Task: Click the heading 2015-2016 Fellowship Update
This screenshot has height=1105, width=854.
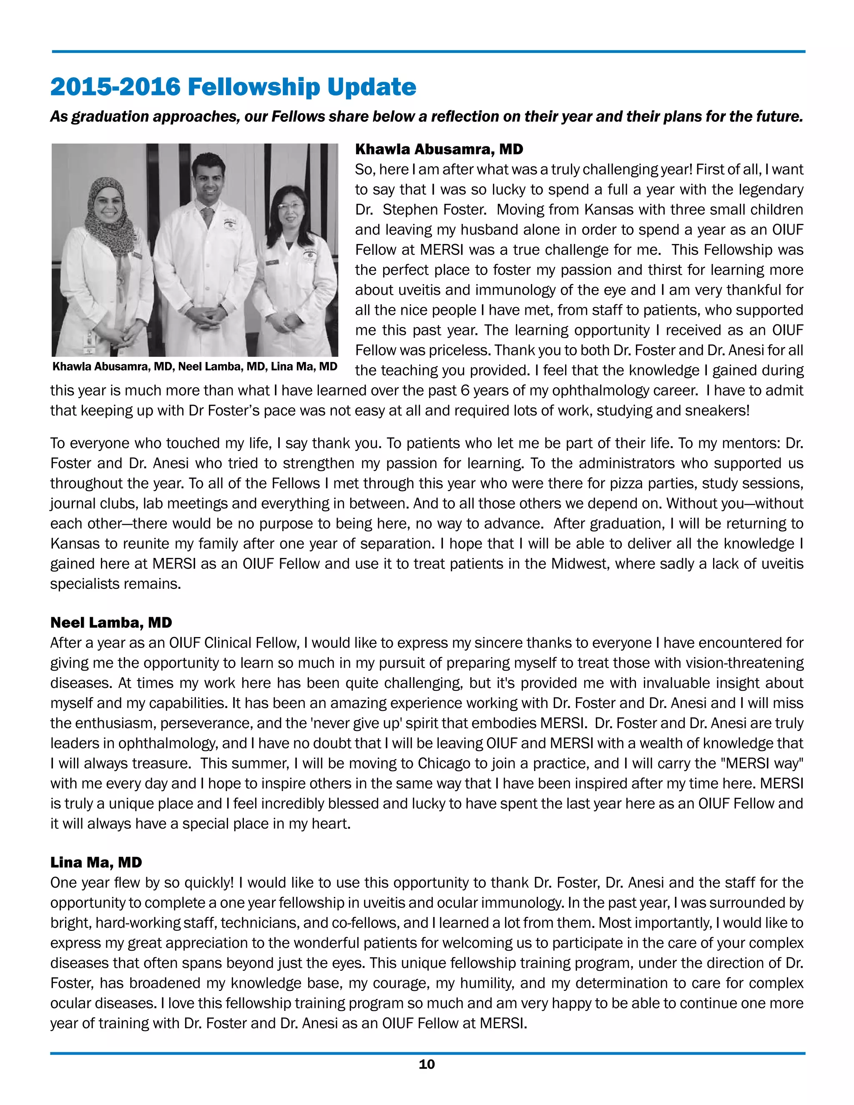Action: pos(233,87)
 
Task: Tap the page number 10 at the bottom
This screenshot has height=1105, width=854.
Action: pos(427,1065)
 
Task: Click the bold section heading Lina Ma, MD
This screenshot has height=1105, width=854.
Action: pos(96,862)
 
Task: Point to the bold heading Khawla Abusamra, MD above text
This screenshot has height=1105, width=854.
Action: pos(439,149)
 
